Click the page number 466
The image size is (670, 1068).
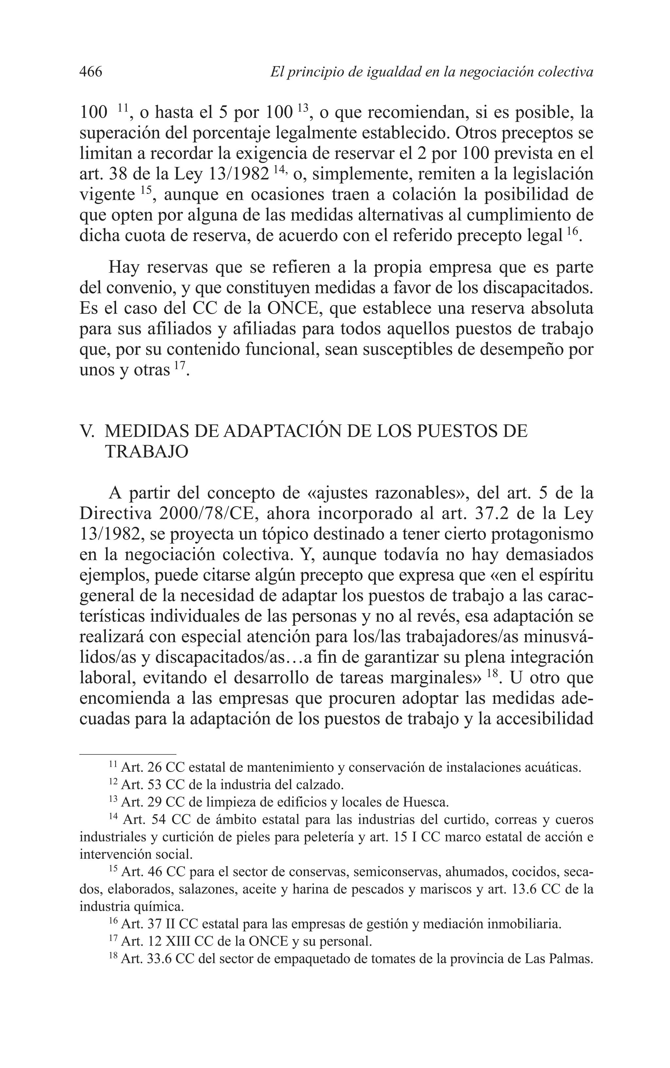click(x=91, y=72)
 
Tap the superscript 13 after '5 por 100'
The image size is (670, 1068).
click(x=303, y=108)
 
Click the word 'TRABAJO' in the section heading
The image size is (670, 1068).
click(x=147, y=452)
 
